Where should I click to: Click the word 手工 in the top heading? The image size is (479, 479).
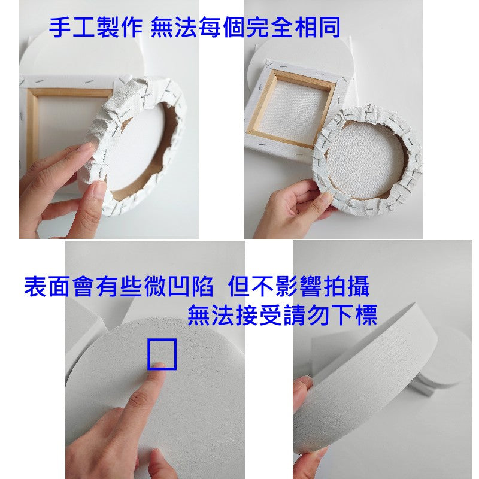[x=72, y=28]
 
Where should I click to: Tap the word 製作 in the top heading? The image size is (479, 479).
[x=120, y=28]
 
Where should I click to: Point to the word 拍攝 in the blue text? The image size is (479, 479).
[x=347, y=286]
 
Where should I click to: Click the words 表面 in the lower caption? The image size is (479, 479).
[x=47, y=286]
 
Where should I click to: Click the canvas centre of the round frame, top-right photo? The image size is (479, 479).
[x=363, y=159]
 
